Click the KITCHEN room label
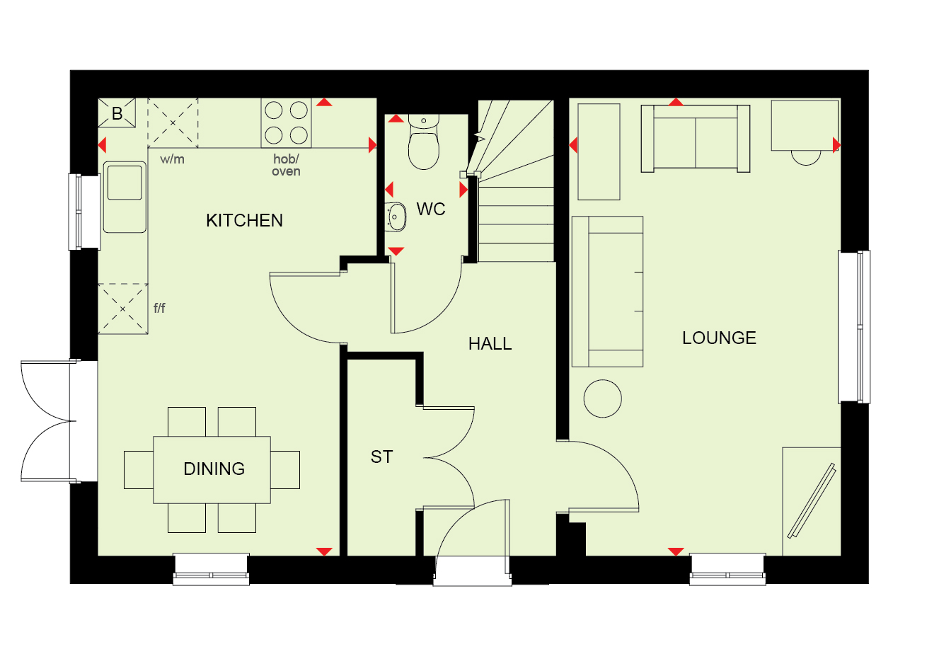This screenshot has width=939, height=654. click(244, 221)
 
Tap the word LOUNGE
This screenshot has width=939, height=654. click(720, 338)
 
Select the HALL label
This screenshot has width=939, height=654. click(490, 344)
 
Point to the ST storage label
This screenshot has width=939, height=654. click(382, 457)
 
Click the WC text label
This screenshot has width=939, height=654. click(431, 210)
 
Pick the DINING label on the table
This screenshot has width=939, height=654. click(214, 469)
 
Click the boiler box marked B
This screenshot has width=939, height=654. click(117, 113)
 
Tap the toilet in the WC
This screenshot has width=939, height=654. click(424, 142)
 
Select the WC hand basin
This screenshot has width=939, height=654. click(396, 217)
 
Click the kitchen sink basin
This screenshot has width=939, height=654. click(125, 183)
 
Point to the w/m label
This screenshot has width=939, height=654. click(172, 159)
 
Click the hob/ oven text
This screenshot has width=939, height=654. click(287, 165)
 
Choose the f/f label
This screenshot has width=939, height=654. click(159, 308)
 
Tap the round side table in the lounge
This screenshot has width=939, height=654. click(603, 398)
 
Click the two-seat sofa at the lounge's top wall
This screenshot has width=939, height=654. click(696, 139)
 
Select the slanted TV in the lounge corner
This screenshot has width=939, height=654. click(812, 500)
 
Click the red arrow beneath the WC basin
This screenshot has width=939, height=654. click(396, 251)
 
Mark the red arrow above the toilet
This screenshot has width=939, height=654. click(396, 119)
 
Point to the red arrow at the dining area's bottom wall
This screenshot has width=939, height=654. click(324, 551)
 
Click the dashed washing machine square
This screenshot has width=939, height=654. click(173, 123)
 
